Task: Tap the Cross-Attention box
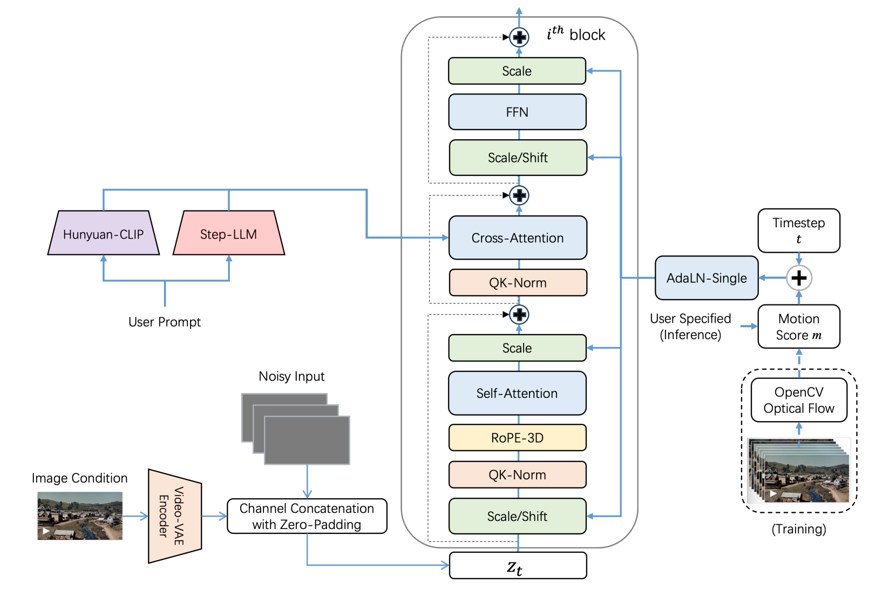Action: pos(518,238)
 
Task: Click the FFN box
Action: pos(517,112)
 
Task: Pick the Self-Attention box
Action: pos(517,394)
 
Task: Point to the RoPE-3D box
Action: pos(517,438)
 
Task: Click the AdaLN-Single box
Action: pos(707,278)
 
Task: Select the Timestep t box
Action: pos(799,230)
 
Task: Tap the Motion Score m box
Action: pos(799,327)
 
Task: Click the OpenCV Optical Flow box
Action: pos(799,400)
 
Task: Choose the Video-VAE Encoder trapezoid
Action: pos(174,516)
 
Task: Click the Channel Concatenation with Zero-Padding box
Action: pos(307,516)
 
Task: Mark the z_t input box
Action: pos(518,566)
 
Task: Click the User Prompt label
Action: pos(165,322)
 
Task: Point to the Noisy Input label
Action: pos(291,376)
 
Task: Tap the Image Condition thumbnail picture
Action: pos(80,516)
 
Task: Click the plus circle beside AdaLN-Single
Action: pos(799,278)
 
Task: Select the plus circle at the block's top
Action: pos(519,37)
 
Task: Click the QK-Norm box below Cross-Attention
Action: pos(518,283)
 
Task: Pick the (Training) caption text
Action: pos(799,529)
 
